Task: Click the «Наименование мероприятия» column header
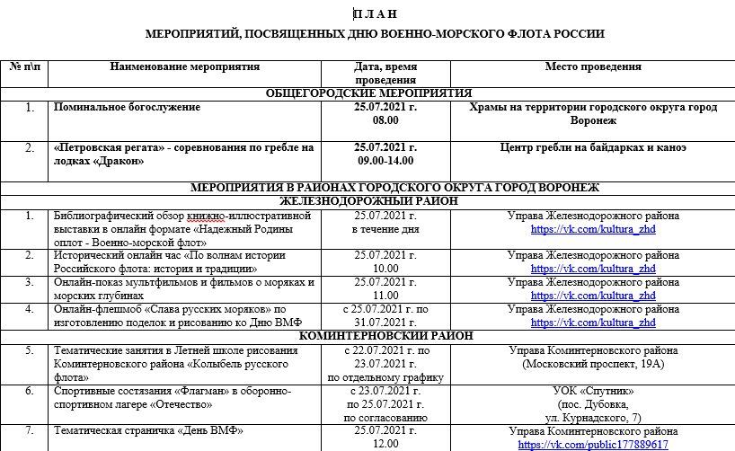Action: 185,66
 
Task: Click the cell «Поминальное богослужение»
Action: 127,107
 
